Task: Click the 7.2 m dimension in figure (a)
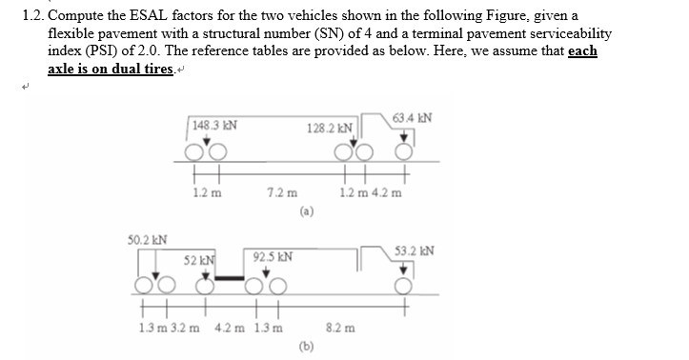279,192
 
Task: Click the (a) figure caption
305,210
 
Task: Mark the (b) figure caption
305,345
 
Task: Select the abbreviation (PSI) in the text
98,50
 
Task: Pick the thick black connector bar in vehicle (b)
231,278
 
